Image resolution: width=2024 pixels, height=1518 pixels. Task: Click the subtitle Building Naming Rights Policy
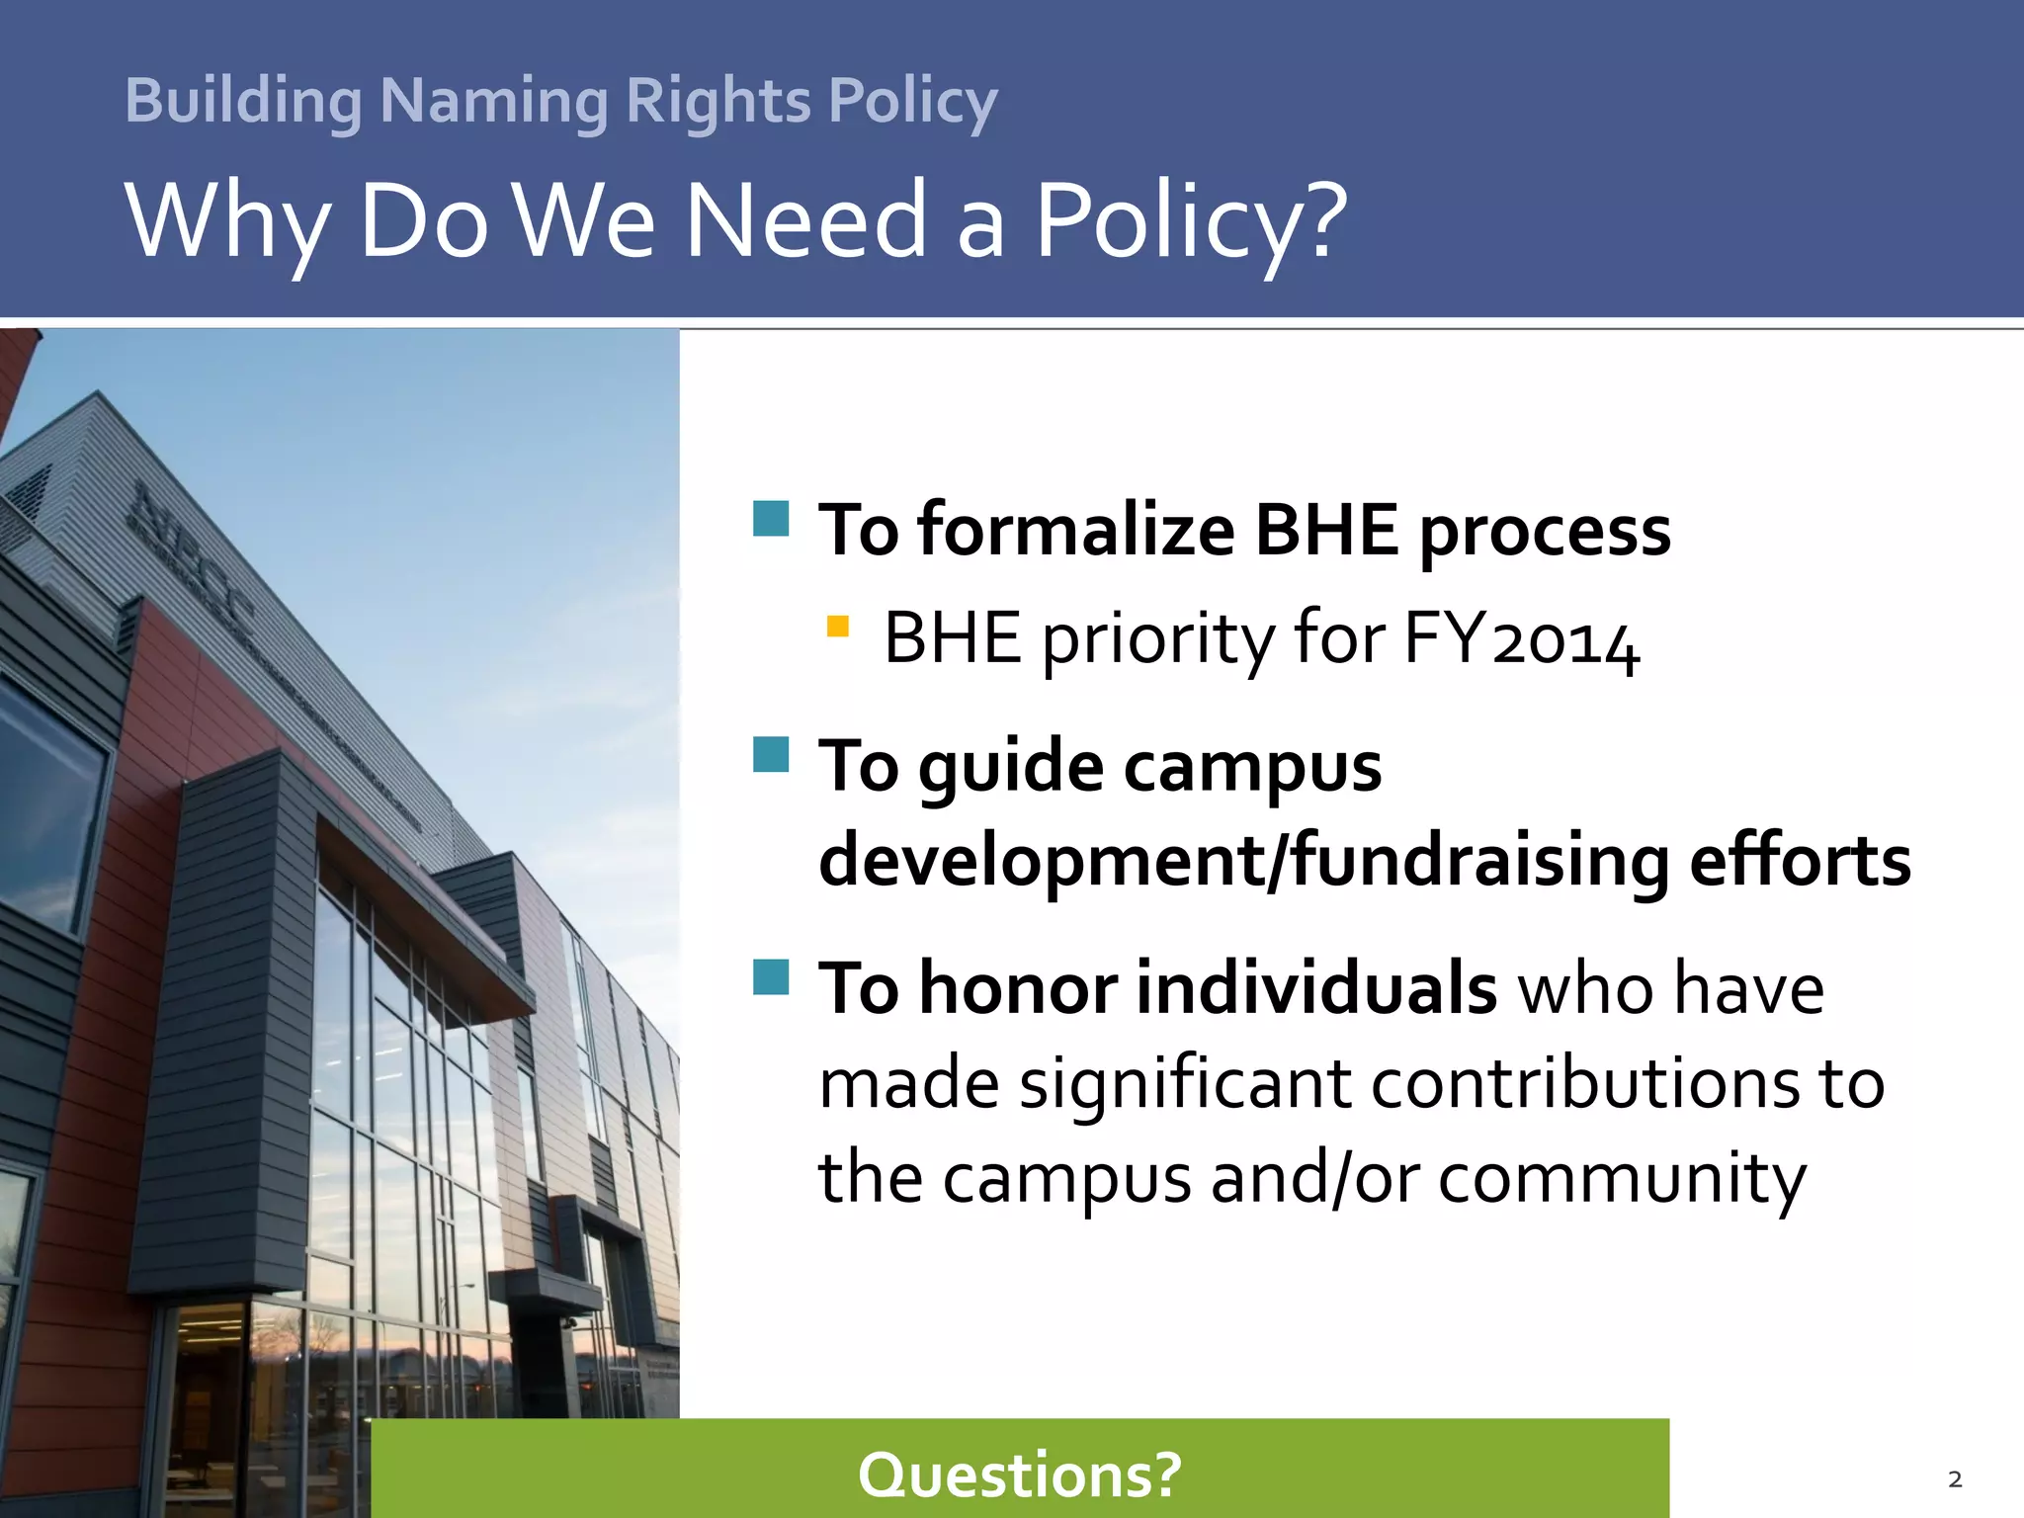pyautogui.click(x=560, y=101)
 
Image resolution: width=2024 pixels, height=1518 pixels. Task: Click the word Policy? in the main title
pyautogui.click(x=1191, y=221)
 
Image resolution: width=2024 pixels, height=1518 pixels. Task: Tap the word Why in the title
pyautogui.click(x=227, y=221)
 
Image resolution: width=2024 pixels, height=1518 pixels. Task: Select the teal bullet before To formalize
pyautogui.click(x=771, y=518)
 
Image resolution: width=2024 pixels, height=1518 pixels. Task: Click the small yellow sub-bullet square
pyautogui.click(x=837, y=626)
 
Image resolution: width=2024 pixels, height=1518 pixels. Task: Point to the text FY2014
pyautogui.click(x=1521, y=639)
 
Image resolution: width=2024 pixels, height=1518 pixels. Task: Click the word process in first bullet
pyautogui.click(x=1545, y=532)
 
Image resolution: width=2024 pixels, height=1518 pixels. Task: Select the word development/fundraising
pyautogui.click(x=1244, y=861)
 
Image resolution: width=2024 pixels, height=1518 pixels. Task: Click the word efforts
pyautogui.click(x=1800, y=861)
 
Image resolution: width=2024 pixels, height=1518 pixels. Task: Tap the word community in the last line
pyautogui.click(x=1622, y=1178)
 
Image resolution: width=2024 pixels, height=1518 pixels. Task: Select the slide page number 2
pyautogui.click(x=1955, y=1479)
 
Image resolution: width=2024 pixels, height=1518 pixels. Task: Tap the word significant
pyautogui.click(x=1185, y=1083)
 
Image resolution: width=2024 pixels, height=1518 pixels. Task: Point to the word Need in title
pyautogui.click(x=806, y=221)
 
